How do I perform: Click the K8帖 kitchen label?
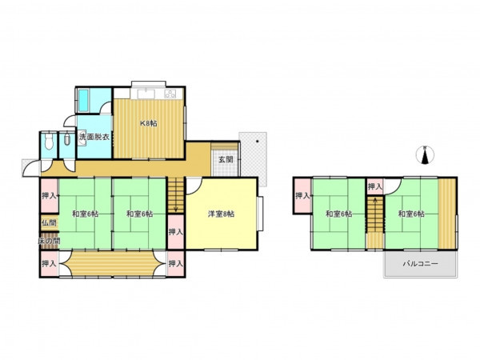coord(149,124)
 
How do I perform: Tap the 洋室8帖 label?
coord(222,214)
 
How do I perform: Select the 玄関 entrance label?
coord(226,159)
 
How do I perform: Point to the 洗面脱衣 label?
coord(94,137)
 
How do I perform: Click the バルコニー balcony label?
coord(420,263)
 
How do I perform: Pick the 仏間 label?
coord(50,223)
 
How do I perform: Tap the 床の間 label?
coord(49,242)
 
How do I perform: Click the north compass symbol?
coord(425,155)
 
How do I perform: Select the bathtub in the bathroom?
coord(83,101)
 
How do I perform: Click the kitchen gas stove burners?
coord(170,94)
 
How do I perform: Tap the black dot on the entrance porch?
coord(257,142)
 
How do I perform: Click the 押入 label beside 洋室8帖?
coord(176,232)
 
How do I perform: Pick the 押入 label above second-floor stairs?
coord(375,186)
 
